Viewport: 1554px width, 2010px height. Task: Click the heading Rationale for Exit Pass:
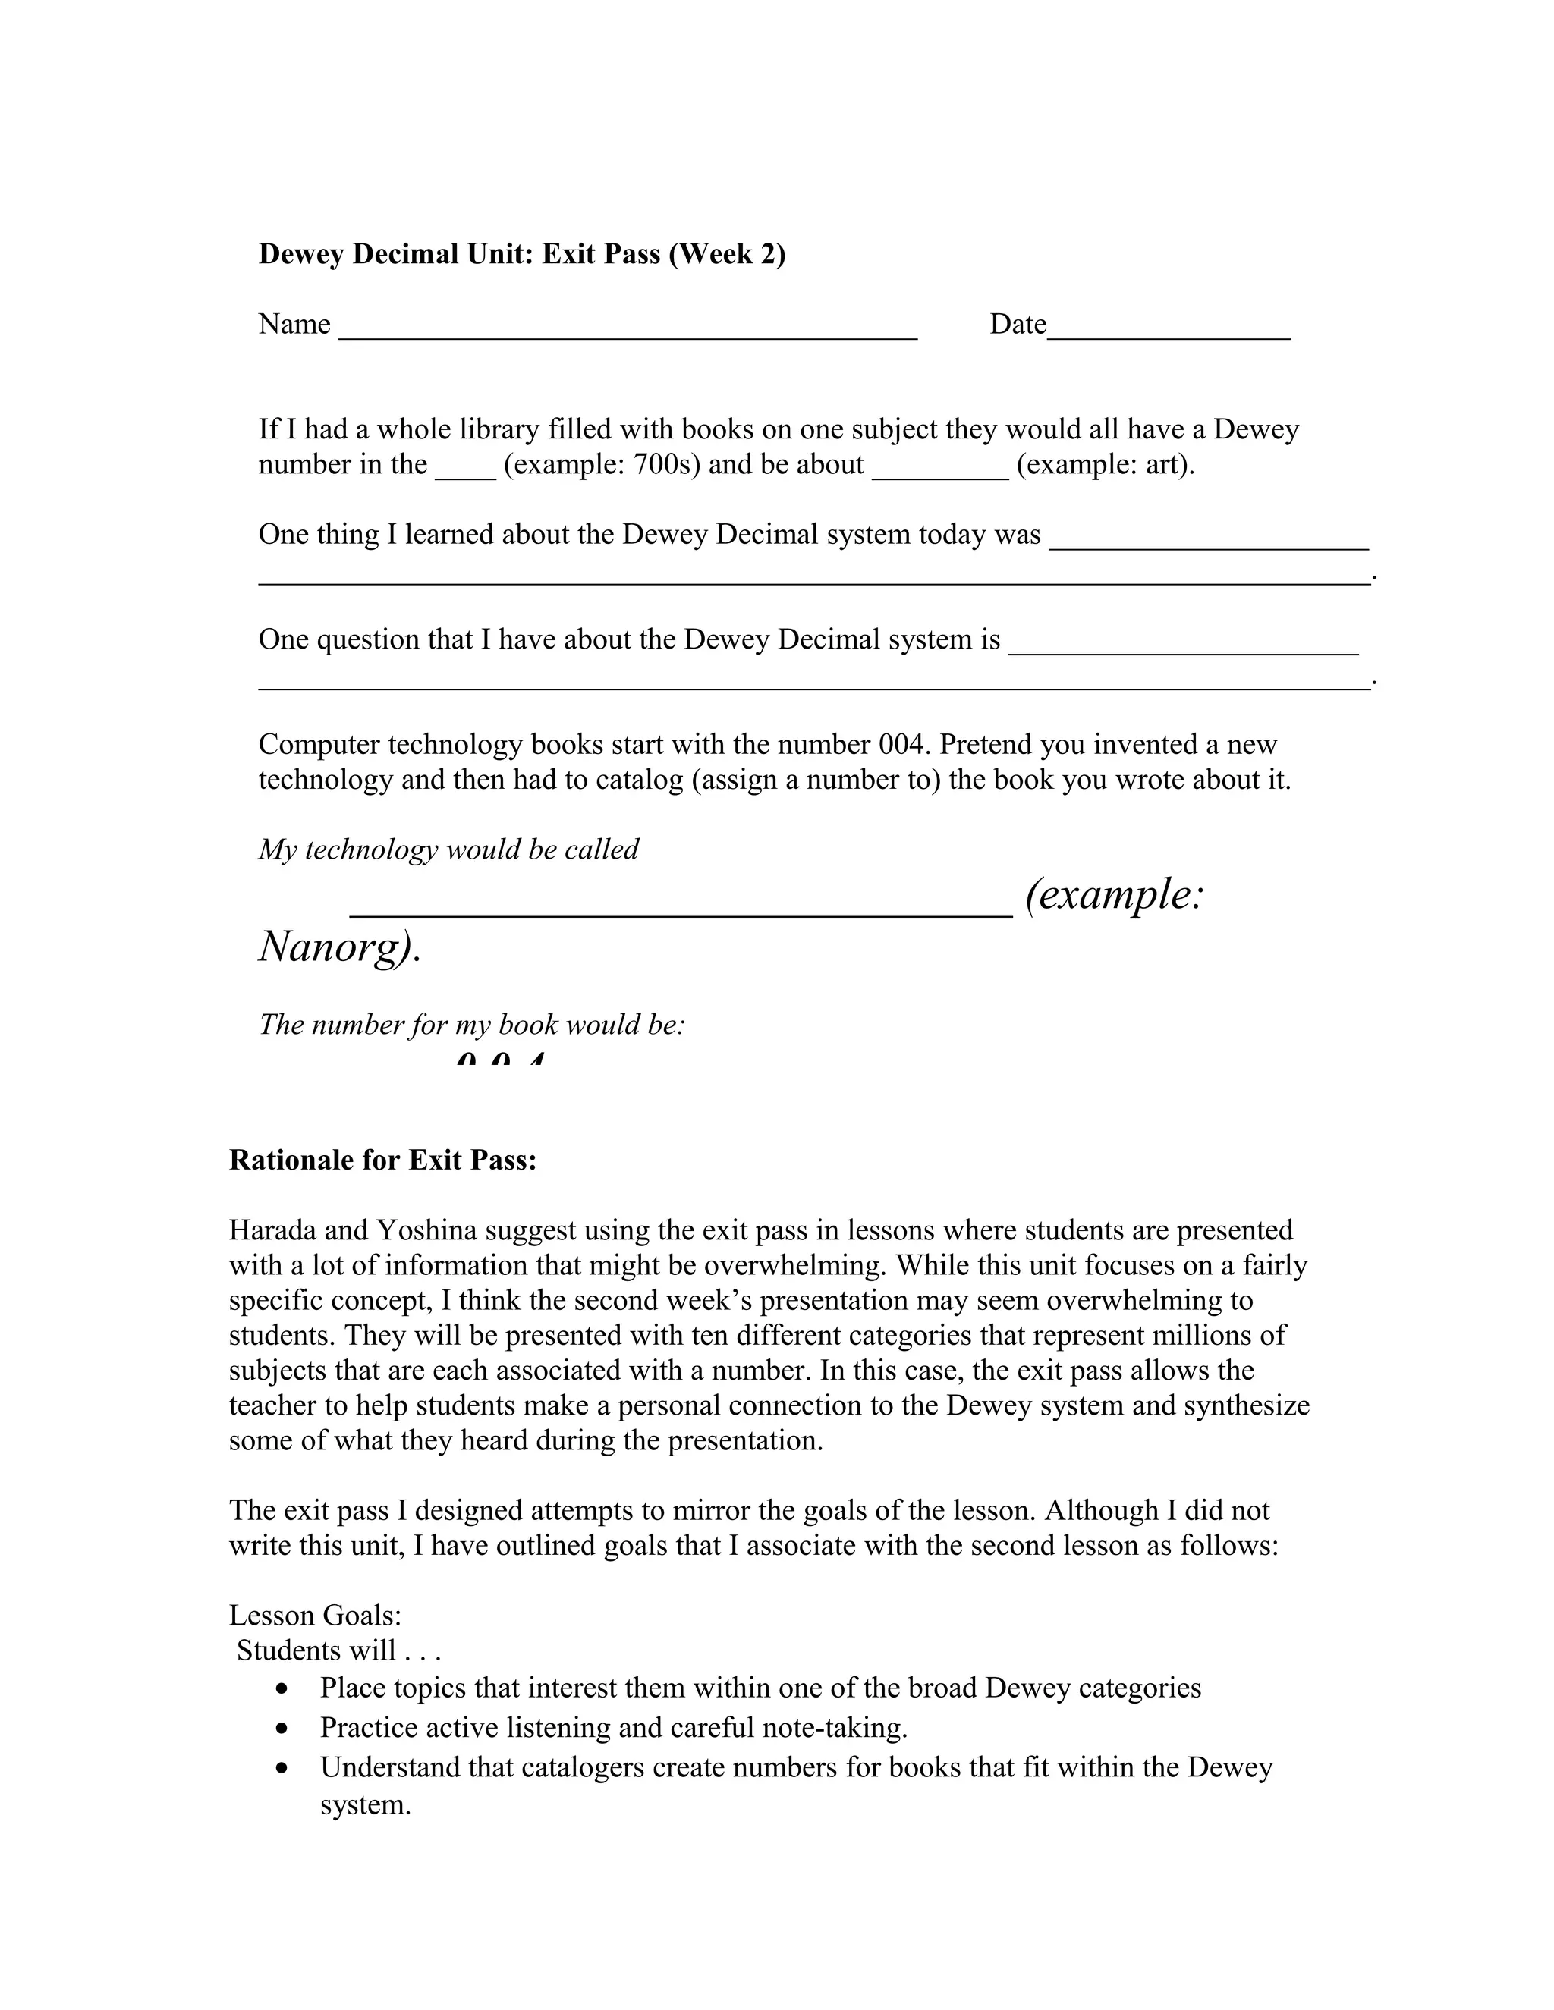383,1160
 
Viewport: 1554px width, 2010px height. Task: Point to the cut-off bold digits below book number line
501,1058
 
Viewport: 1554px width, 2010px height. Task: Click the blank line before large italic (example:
681,911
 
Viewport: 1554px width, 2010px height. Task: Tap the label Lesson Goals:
315,1615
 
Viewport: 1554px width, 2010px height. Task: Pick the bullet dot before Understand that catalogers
282,1769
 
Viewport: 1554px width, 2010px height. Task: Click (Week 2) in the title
727,254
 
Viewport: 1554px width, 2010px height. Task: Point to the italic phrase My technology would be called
448,850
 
